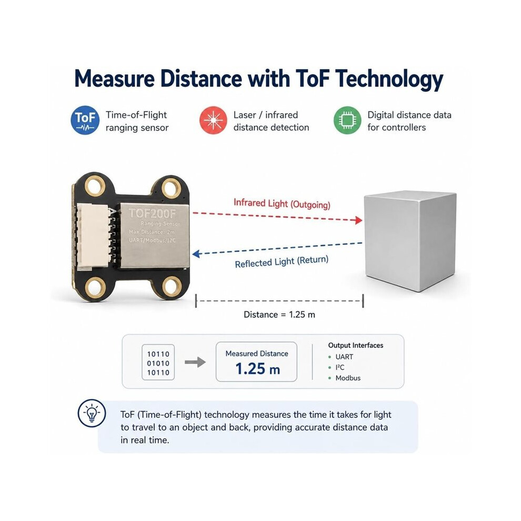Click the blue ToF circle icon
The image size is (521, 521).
click(x=85, y=121)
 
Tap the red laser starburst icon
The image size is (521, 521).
click(x=213, y=121)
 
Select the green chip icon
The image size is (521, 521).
click(x=347, y=121)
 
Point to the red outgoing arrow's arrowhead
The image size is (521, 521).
click(x=359, y=220)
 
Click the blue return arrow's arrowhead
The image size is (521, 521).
click(x=196, y=254)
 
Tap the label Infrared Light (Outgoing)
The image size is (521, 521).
click(x=282, y=204)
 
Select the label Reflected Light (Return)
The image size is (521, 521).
click(x=282, y=262)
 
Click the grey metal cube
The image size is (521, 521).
click(x=410, y=241)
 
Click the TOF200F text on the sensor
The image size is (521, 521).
click(x=152, y=213)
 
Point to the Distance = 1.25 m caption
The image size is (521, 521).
click(x=279, y=315)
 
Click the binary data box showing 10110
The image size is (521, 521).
click(x=158, y=363)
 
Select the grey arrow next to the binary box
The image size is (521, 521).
click(x=195, y=362)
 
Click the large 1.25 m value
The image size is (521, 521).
click(x=257, y=369)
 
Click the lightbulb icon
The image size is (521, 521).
click(x=92, y=413)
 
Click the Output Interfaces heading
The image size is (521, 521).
click(x=356, y=346)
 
